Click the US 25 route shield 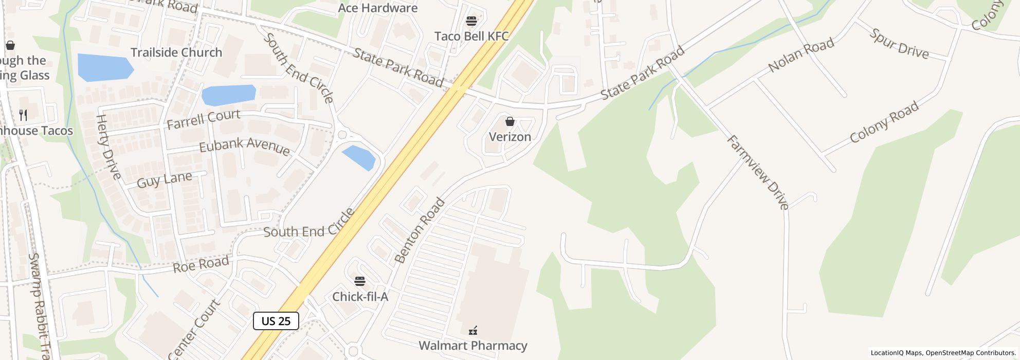276,321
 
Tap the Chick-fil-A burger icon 360,281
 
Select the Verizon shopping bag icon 510,121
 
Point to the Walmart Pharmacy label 473,346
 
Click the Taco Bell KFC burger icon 471,21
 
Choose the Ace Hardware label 378,8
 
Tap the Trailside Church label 176,52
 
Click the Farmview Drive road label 758,173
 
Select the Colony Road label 884,122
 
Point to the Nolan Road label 800,56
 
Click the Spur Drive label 899,44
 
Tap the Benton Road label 419,231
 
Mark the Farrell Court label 203,119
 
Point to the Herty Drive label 108,147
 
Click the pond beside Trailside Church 105,67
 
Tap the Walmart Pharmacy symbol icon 473,331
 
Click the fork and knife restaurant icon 23,115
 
